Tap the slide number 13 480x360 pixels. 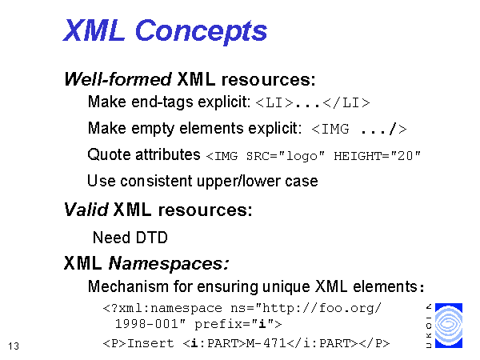pos(14,346)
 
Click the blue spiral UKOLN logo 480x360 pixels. pos(449,326)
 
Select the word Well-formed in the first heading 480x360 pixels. pos(118,79)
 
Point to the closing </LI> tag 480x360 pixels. pos(346,103)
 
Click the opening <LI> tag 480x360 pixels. pos(274,103)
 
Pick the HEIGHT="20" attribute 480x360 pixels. pos(377,156)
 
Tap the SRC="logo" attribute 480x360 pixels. pos(286,156)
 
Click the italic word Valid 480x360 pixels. pos(86,210)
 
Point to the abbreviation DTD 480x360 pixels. pos(151,238)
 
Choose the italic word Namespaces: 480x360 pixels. pos(169,263)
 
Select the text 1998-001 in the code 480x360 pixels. pos(146,324)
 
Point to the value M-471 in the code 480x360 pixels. pos(266,343)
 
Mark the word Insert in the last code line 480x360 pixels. pos(150,343)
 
